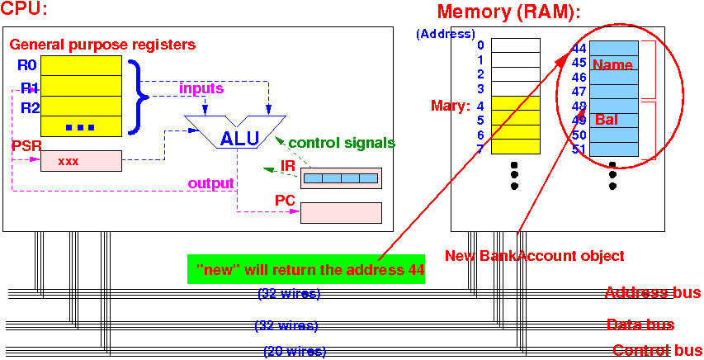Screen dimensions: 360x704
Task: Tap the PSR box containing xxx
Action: (81, 161)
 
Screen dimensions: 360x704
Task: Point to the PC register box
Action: (341, 213)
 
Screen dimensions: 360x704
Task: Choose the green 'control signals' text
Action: (330, 143)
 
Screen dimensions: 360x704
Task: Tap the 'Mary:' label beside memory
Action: (451, 106)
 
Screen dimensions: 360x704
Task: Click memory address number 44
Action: (579, 49)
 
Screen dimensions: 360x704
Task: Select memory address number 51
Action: (579, 149)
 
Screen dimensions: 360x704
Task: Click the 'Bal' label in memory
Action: (606, 120)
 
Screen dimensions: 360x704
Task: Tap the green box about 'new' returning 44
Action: (306, 269)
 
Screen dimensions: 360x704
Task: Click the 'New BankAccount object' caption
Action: (534, 256)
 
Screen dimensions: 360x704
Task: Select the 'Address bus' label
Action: (653, 293)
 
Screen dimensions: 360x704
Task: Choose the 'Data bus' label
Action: (640, 325)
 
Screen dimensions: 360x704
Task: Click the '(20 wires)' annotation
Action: (295, 352)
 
